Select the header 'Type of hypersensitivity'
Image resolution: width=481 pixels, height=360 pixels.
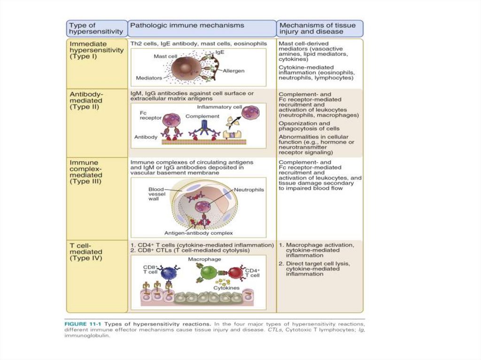point(96,28)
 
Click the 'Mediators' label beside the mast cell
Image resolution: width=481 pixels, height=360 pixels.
point(149,77)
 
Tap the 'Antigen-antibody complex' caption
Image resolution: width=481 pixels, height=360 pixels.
point(199,233)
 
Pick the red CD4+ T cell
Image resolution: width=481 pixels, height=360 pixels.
point(236,274)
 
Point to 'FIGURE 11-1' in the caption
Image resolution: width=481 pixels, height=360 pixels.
point(82,324)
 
